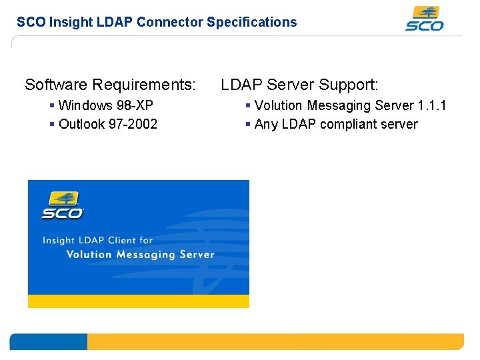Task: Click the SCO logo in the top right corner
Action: pos(424,19)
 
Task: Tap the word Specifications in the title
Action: pos(251,22)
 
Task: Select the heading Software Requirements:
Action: pos(110,85)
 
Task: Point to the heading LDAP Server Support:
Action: pos(299,85)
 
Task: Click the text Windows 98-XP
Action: pos(106,105)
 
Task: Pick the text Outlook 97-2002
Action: pos(108,124)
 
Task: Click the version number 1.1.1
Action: pos(432,105)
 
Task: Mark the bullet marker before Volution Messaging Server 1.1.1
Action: pos(248,105)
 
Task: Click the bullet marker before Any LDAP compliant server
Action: pos(248,124)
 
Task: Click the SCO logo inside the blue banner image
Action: pos(62,205)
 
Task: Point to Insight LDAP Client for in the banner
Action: pos(97,240)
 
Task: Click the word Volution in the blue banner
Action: pos(89,254)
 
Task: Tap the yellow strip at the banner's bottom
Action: pos(138,301)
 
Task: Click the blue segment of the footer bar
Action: pos(48,342)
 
